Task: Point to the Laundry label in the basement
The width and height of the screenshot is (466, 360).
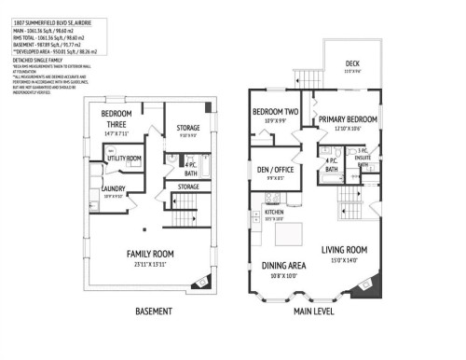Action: point(112,187)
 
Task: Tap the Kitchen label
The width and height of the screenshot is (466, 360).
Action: point(274,212)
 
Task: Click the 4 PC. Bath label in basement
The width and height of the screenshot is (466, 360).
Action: point(190,169)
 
